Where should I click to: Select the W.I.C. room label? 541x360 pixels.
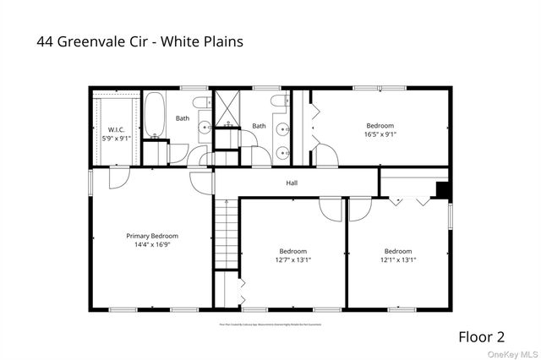(116, 129)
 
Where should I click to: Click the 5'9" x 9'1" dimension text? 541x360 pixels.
(116, 138)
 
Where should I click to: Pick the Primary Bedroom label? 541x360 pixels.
(152, 236)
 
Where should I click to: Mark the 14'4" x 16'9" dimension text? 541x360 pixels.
(152, 245)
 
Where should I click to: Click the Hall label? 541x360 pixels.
(292, 183)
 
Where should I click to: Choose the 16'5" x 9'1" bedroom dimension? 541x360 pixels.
(380, 134)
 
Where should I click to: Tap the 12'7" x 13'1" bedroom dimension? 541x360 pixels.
(293, 259)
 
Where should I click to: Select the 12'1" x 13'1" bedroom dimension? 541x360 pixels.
(398, 259)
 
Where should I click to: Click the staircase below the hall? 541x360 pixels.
(226, 233)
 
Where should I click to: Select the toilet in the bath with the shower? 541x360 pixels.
(278, 102)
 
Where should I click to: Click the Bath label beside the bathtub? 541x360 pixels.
(183, 118)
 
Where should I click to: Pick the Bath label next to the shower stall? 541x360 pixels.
(259, 126)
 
